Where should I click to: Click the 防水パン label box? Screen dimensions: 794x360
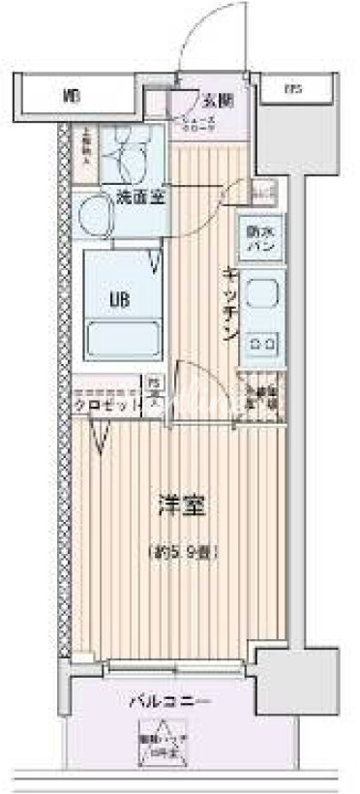coord(259,239)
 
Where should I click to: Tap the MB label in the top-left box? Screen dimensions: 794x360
coord(69,96)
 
